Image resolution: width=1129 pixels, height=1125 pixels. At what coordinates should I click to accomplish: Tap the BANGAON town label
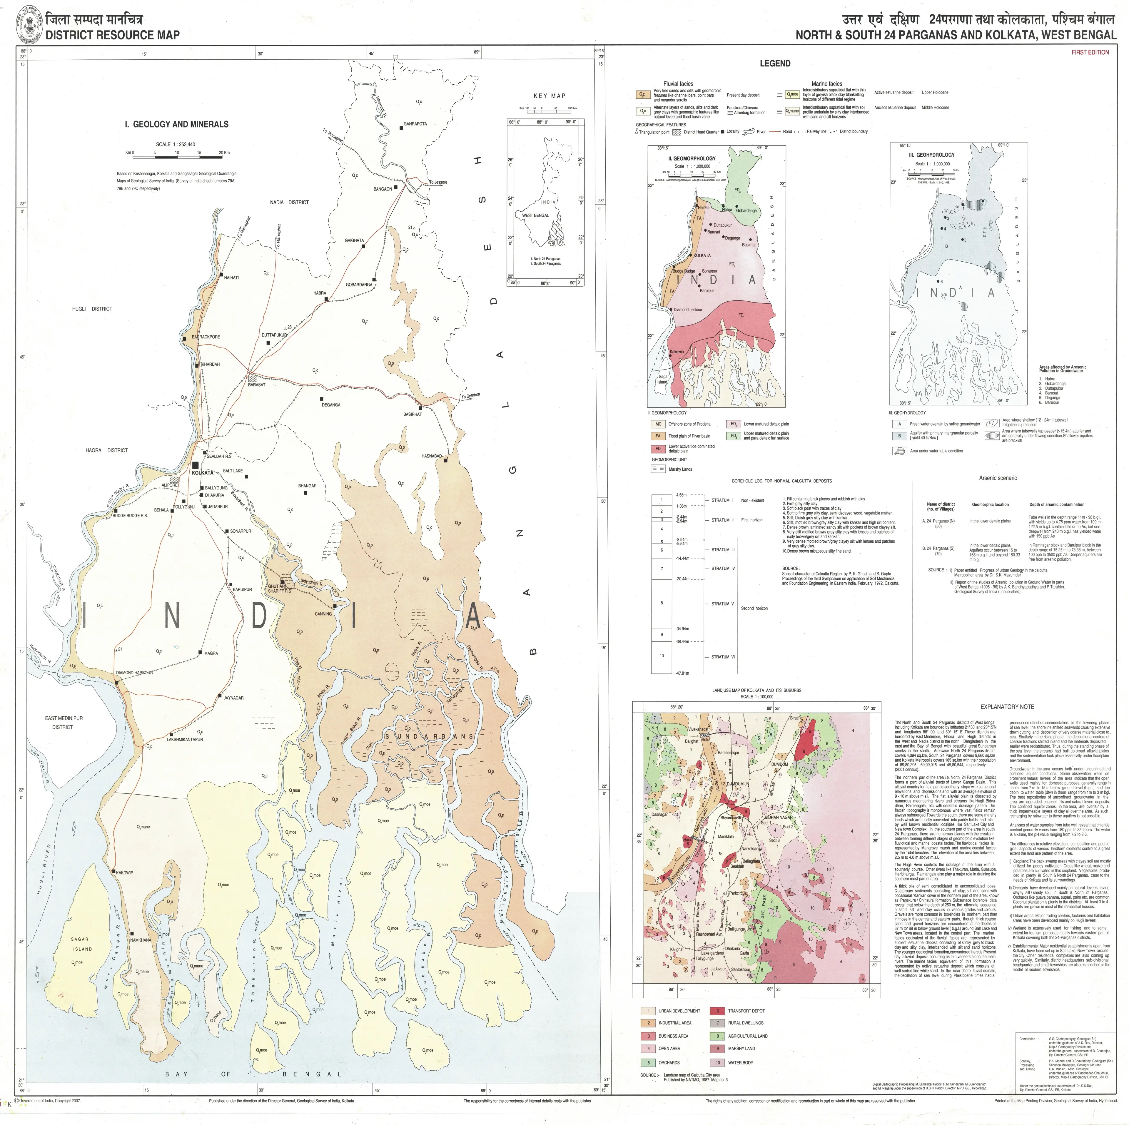click(x=383, y=189)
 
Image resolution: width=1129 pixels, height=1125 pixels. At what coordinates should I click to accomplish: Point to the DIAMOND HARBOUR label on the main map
click(x=134, y=673)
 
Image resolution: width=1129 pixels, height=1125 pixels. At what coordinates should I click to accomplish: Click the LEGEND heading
click(x=775, y=64)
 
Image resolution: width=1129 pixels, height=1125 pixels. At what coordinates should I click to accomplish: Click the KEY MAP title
click(x=549, y=96)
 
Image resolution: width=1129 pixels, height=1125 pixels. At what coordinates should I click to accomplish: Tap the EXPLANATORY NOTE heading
click(x=1007, y=707)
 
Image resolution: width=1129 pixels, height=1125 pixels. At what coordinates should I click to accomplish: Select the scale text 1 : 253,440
click(x=175, y=144)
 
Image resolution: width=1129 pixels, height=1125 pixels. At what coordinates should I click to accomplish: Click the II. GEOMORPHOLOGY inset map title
click(x=692, y=158)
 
